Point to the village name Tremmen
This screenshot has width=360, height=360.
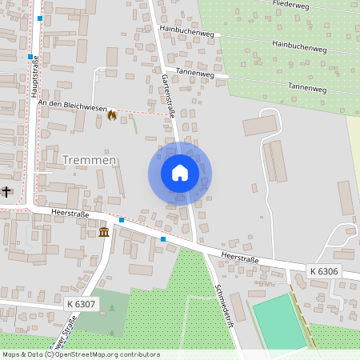[89, 160]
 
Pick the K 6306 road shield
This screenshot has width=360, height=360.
[324, 272]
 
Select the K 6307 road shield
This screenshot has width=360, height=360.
[81, 304]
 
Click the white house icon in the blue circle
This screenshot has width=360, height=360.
[180, 173]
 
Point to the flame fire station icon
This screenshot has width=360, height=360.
[111, 115]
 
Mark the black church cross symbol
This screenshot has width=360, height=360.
[7, 191]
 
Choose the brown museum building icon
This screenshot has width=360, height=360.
[104, 232]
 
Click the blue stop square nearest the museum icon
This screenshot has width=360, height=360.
[121, 220]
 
